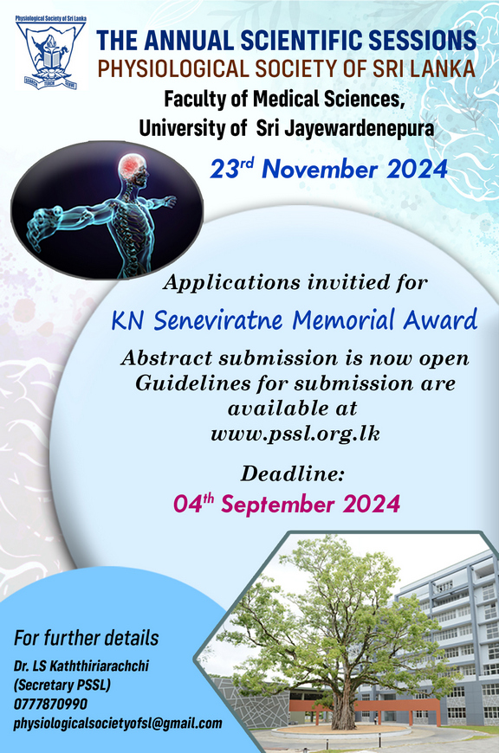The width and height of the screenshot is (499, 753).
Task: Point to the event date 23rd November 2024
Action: tap(329, 170)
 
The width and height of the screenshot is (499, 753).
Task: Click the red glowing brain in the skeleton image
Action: tap(131, 166)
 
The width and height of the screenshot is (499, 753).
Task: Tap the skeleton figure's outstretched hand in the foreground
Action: tap(42, 226)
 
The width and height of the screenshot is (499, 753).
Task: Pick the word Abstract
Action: tap(166, 357)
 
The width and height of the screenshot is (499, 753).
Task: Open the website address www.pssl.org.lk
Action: tap(295, 434)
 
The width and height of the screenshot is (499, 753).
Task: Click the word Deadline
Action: tap(293, 474)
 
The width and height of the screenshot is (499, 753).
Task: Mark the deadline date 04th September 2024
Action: tap(287, 504)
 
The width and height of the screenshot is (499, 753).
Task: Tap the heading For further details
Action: tap(86, 638)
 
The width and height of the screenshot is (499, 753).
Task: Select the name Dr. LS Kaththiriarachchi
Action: tap(81, 666)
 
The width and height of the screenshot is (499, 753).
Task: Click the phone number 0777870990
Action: tap(50, 704)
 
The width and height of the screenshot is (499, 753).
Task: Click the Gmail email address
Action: tap(118, 724)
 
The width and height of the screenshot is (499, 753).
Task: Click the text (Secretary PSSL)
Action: tap(62, 685)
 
